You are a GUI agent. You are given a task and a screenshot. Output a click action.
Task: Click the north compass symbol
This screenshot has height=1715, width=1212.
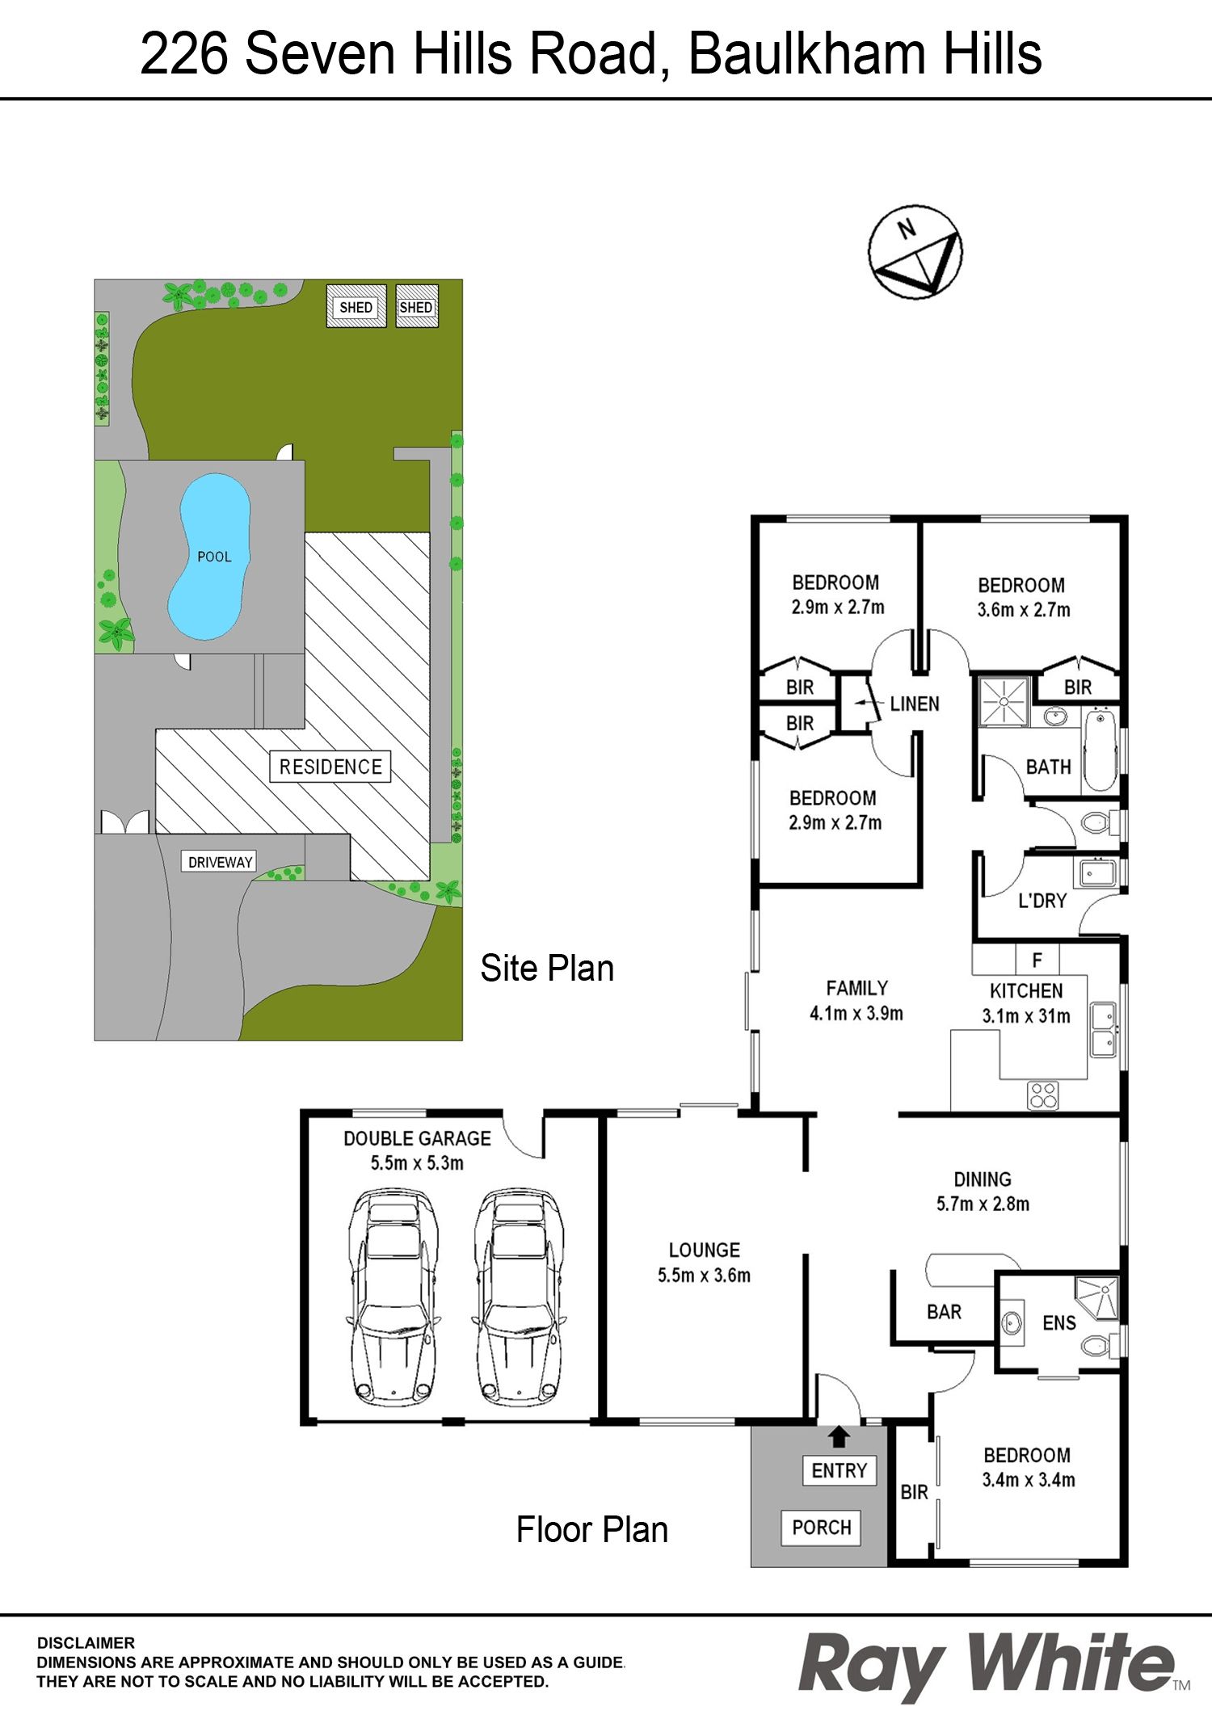point(915,250)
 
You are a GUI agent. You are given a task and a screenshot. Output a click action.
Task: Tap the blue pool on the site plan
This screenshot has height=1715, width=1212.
point(208,557)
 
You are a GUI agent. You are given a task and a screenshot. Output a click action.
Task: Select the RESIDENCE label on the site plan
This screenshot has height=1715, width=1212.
point(330,767)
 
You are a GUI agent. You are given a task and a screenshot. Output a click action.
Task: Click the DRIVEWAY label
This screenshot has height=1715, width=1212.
point(220,862)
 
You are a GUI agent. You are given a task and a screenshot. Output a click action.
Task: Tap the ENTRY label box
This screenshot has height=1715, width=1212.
point(839,1470)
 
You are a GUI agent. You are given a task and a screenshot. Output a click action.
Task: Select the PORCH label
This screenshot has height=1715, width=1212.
point(821,1528)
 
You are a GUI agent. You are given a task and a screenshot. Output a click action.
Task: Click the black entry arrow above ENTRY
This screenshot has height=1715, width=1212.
point(840,1436)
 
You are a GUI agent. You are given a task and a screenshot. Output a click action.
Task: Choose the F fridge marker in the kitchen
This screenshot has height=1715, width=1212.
point(1037,960)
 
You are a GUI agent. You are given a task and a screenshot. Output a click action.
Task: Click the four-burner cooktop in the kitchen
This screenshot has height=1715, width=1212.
point(1042,1095)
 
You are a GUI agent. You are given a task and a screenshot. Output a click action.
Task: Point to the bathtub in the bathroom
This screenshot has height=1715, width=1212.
point(1099,750)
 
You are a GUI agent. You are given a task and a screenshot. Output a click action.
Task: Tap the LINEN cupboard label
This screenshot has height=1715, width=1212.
point(915,704)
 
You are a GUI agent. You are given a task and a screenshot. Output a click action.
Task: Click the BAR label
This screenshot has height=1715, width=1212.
point(944,1312)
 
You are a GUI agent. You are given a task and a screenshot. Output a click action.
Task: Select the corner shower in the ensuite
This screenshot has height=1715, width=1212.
point(1096,1298)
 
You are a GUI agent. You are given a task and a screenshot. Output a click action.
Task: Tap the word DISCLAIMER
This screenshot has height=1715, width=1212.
point(86,1643)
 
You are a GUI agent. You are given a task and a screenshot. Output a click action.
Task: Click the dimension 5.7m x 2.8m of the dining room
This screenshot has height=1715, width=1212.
point(983,1204)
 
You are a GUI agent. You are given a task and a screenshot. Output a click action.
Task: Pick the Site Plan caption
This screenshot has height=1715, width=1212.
point(547,968)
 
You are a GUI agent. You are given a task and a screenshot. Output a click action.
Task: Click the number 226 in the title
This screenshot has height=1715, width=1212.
point(184,53)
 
